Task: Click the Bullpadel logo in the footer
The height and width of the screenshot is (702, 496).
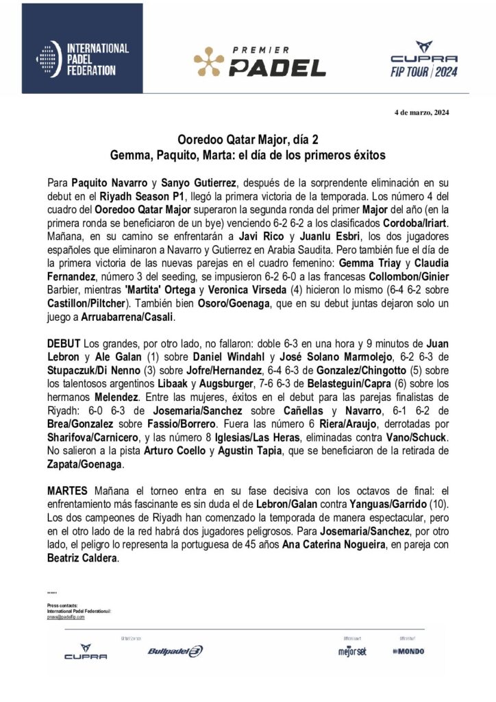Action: [x=175, y=652]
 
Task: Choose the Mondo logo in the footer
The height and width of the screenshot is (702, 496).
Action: [x=408, y=651]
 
